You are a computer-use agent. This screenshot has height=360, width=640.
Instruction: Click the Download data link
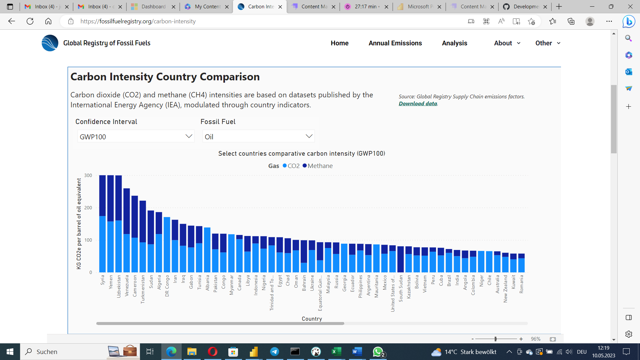418,104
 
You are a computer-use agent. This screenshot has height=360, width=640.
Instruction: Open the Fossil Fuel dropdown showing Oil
258,136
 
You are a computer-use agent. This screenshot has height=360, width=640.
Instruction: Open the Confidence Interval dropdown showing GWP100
136,136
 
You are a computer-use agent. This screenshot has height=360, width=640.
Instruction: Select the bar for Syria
102,223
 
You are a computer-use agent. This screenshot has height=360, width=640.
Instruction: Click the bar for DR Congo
167,245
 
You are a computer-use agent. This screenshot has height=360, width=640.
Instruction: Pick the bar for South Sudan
401,259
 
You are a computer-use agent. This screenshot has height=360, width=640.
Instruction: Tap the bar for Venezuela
127,230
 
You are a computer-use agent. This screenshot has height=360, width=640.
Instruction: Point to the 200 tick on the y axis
88,208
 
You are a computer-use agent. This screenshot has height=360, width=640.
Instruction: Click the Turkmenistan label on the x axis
143,289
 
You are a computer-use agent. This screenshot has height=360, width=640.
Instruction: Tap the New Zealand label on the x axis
505,289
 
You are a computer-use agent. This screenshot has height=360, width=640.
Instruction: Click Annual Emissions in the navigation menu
395,43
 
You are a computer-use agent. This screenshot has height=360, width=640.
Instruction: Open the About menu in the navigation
507,43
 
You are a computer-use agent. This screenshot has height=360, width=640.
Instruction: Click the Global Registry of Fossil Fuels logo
50,43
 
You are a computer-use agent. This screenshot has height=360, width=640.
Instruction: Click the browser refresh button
30,21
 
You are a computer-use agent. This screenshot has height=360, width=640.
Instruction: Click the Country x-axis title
312,319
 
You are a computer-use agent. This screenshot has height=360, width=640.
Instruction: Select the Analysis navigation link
454,43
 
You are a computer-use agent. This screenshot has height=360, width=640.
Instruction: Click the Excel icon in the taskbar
336,352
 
